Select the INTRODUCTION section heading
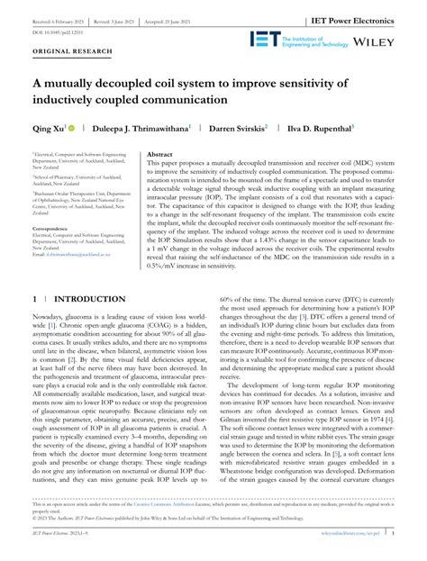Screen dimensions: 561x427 (91, 297)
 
